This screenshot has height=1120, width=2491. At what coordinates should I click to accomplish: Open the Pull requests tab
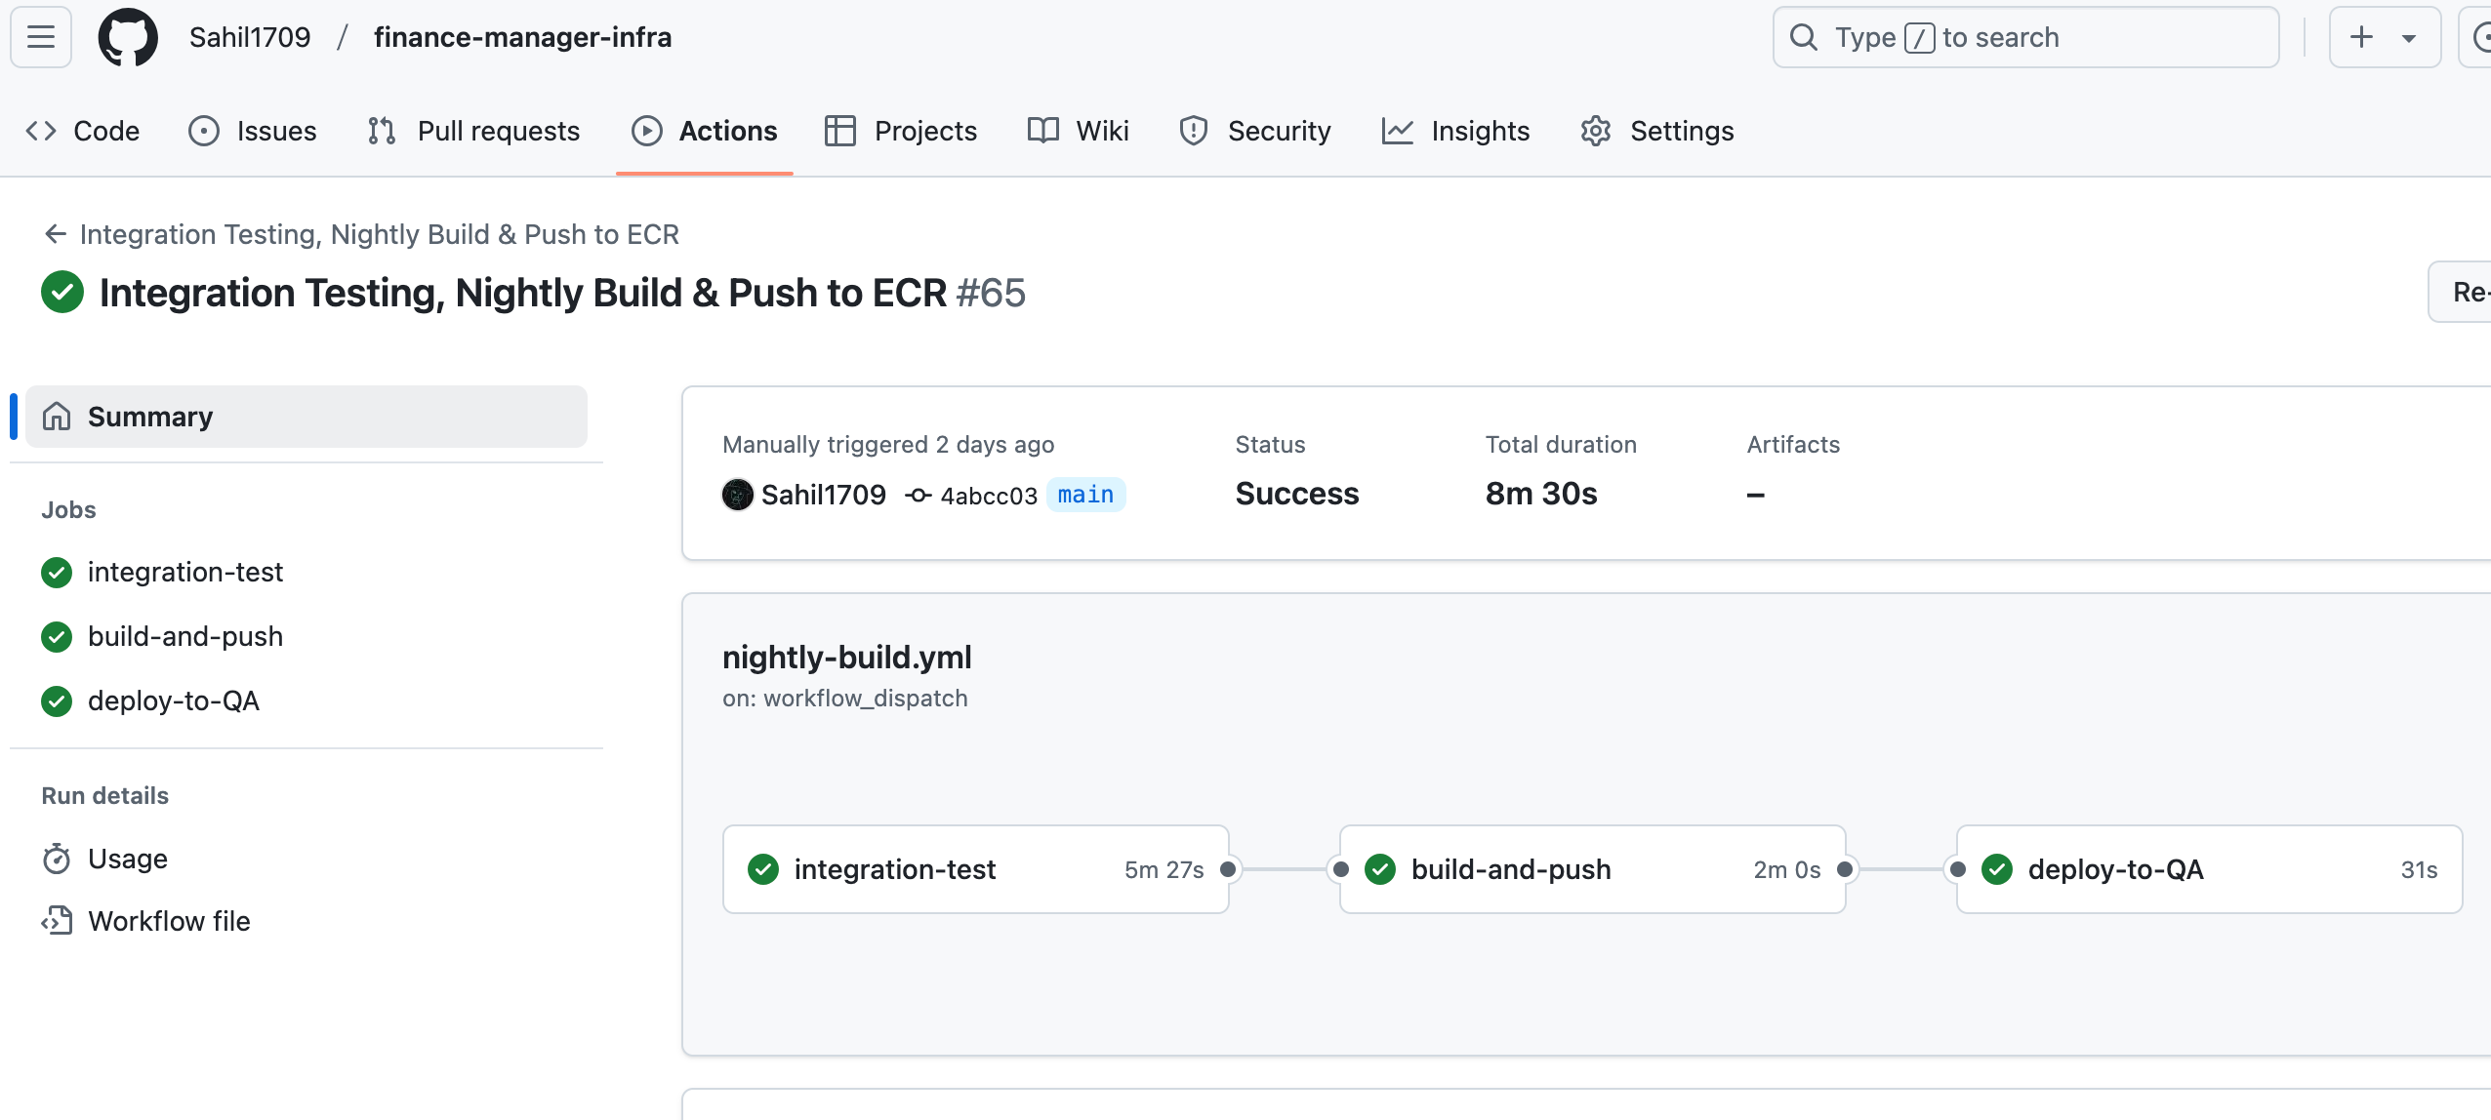coord(473,131)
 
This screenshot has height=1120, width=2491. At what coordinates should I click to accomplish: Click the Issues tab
coord(252,131)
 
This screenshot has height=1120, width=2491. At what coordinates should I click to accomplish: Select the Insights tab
coord(1455,131)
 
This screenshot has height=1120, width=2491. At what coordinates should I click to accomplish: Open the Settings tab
coord(1656,131)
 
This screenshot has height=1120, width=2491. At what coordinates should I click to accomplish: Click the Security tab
coord(1254,131)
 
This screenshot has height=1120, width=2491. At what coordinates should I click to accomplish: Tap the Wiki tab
coord(1078,131)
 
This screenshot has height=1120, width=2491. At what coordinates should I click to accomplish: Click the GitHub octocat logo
coord(128,37)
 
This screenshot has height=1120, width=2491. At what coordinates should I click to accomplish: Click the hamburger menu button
coord(41,37)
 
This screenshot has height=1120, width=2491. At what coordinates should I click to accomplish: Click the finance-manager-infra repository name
coord(522,37)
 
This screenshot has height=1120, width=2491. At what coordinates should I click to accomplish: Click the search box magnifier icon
coord(1804,37)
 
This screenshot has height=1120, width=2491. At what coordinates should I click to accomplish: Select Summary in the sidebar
coord(306,417)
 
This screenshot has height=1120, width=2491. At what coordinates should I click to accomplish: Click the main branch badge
coord(1085,495)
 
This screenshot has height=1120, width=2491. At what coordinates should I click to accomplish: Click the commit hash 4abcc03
coord(988,496)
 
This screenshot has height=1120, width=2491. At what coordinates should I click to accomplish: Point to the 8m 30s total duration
coord(1541,494)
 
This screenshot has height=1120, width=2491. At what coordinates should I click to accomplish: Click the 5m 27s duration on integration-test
coord(1164,869)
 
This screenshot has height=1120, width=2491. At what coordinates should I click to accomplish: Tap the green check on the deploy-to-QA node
coord(1997,869)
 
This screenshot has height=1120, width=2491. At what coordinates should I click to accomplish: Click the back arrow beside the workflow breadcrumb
coord(56,234)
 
